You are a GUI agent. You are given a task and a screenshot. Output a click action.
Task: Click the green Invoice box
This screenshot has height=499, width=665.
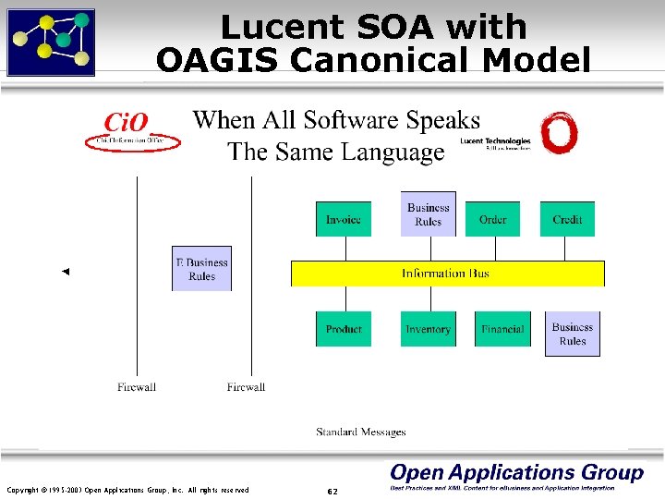tap(344, 219)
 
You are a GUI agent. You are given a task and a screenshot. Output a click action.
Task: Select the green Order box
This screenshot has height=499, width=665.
tap(492, 219)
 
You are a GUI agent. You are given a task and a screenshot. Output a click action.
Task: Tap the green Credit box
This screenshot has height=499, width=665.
tap(567, 219)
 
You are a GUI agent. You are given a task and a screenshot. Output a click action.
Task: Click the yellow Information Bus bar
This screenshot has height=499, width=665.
tap(447, 274)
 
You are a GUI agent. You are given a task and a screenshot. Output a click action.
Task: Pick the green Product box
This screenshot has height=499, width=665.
tap(344, 329)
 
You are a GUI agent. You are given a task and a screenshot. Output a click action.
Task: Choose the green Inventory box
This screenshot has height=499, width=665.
tap(428, 329)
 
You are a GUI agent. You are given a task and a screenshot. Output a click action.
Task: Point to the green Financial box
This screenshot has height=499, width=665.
tap(502, 329)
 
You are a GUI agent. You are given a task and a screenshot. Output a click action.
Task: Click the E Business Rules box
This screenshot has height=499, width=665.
tap(201, 269)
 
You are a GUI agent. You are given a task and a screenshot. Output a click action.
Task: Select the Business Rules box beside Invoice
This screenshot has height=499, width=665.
tap(428, 214)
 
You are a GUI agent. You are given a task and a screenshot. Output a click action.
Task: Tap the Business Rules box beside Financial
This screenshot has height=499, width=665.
tap(573, 333)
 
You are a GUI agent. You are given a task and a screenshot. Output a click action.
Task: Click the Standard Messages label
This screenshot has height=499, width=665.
tap(361, 432)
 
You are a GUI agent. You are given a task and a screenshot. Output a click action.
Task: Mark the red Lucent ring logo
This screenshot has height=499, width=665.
tap(560, 135)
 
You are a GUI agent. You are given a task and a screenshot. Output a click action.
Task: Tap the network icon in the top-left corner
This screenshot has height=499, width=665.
tap(51, 42)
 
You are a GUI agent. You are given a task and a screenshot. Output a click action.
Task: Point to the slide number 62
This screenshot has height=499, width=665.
tap(332, 491)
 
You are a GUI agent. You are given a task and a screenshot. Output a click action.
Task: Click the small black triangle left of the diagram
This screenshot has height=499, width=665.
tap(65, 272)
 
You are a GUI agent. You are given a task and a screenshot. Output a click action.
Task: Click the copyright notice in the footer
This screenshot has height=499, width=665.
tap(127, 490)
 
